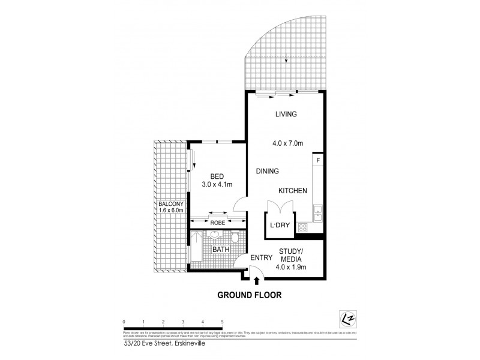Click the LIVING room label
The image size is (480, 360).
pos(286,114)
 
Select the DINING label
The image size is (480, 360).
pos(268,172)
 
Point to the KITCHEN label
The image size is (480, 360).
pos(293,191)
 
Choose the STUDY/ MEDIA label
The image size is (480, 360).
pos(292,255)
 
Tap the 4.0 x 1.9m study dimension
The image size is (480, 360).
pos(292,268)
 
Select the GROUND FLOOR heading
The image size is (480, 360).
pos(250,295)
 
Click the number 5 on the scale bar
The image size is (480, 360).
pos(222,322)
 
